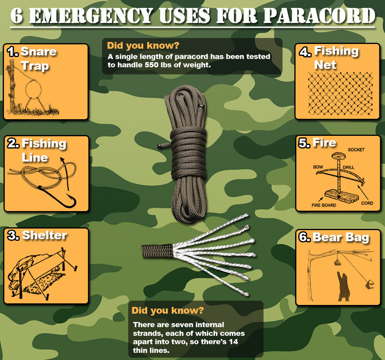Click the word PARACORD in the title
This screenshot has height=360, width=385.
click(319, 16)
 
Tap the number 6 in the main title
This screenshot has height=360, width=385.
click(17, 16)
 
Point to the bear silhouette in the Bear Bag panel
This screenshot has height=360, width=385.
click(344, 286)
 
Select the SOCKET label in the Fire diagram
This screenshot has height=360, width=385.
click(356, 150)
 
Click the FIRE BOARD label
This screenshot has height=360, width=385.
click(324, 205)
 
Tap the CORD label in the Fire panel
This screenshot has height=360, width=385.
click(367, 203)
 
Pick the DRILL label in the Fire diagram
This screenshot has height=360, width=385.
click(349, 168)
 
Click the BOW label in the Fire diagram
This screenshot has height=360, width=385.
click(318, 167)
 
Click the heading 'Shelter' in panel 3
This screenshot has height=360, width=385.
click(44, 235)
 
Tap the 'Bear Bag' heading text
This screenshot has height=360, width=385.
click(341, 237)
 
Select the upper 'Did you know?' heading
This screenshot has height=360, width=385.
click(143, 46)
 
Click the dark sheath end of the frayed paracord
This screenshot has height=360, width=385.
click(157, 251)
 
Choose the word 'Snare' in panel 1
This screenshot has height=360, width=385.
click(39, 51)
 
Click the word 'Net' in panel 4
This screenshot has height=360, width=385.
click(325, 65)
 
